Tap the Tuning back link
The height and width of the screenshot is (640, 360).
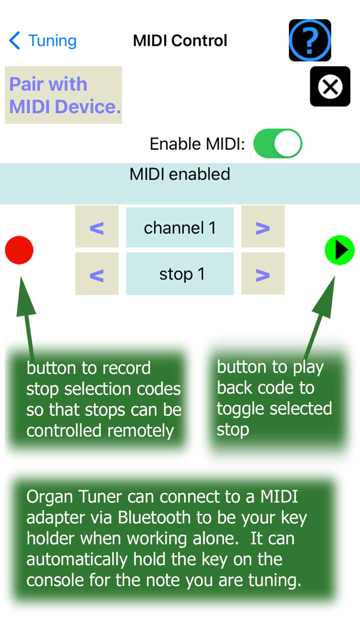point(43,41)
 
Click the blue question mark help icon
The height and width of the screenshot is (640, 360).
point(310,40)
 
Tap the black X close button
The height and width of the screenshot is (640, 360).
point(330,86)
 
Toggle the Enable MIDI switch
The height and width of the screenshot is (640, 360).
point(278,144)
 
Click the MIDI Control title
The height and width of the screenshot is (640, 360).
point(180,41)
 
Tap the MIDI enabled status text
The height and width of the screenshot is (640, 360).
point(180,175)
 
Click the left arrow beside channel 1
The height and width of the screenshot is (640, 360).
point(97,227)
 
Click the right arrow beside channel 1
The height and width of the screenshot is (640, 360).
point(263,227)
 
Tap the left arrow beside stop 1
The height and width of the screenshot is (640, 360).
point(97,274)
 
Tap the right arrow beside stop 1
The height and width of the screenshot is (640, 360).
point(263,274)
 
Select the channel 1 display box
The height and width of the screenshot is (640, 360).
point(180,227)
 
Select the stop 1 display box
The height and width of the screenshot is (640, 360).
point(180,274)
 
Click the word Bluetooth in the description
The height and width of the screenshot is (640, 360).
point(154,518)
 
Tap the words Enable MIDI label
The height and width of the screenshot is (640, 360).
point(197,144)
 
